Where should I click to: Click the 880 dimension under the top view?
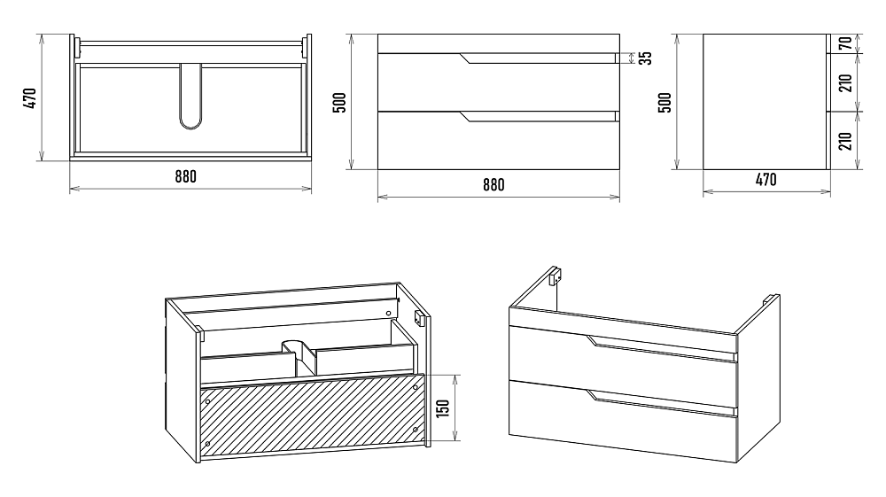(184, 175)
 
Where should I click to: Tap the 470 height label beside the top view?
(29, 98)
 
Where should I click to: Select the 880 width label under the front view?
(494, 185)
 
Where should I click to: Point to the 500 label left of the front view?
(338, 102)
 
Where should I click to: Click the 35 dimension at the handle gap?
(645, 58)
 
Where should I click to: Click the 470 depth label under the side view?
(766, 180)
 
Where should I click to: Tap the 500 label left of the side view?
(664, 102)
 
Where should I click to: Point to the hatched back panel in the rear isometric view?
(310, 416)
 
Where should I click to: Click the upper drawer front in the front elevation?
(496, 82)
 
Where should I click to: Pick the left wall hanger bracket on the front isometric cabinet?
(555, 276)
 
